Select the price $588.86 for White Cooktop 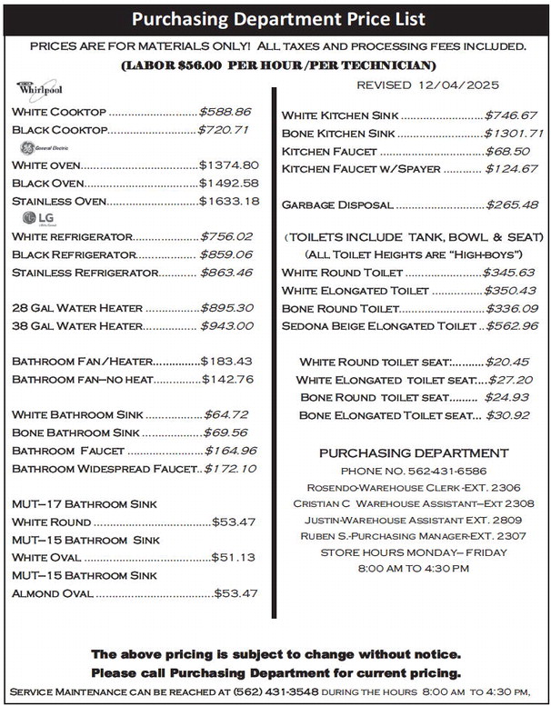[x=225, y=112]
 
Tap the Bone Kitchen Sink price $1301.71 [x=513, y=134]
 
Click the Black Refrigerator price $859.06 [x=226, y=254]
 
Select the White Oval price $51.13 [x=233, y=557]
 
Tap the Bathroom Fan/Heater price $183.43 [x=227, y=362]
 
